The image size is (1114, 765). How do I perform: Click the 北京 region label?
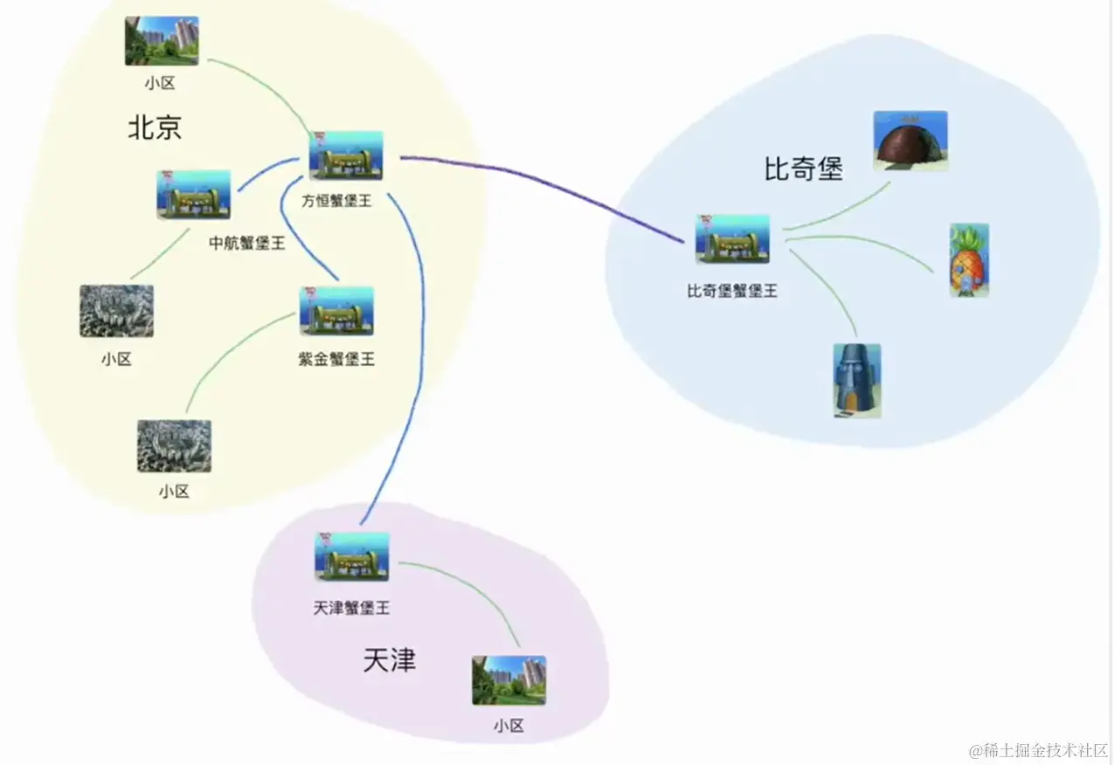point(155,128)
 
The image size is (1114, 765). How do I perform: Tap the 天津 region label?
point(390,660)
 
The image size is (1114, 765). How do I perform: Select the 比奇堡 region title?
point(803,169)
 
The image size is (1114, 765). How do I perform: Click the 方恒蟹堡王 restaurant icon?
point(346,155)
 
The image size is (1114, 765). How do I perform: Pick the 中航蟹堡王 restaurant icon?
point(194,195)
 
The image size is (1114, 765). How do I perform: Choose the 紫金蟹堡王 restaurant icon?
point(336,311)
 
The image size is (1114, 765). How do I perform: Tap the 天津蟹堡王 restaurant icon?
point(351,556)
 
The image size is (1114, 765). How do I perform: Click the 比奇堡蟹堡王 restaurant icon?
point(732,238)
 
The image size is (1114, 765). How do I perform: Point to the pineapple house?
point(969,260)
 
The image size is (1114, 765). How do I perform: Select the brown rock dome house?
point(910,141)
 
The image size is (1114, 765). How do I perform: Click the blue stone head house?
point(856,381)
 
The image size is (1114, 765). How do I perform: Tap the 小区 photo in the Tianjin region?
point(509,680)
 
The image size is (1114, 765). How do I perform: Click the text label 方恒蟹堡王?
point(337,201)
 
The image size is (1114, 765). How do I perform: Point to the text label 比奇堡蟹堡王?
point(732,291)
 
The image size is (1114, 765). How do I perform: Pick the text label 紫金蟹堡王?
point(336,359)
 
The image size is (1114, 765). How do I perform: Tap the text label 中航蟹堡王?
point(247,244)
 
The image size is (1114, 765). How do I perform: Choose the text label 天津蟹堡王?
point(351,607)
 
